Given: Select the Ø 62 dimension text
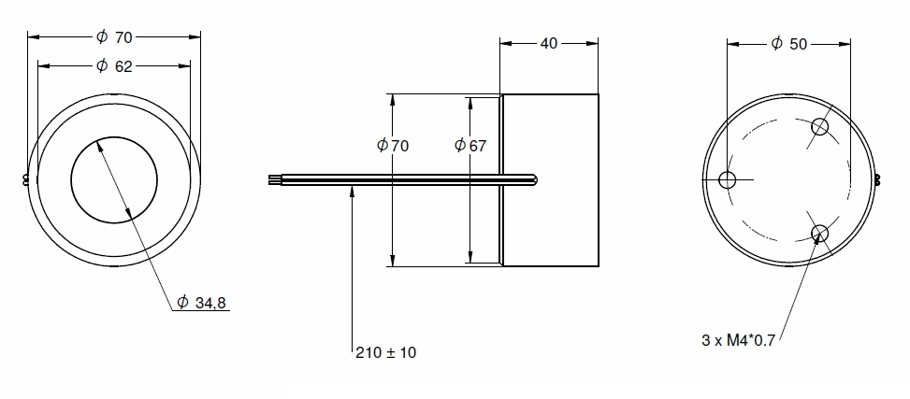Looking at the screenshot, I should pos(114,65).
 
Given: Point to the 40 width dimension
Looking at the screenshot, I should pos(549,43).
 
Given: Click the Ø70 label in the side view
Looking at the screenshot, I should pos(393,146).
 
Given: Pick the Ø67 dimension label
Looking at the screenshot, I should pos(470,146).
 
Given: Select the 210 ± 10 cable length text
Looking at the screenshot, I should pos(385,353).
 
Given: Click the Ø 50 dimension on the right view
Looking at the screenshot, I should pos(788,44).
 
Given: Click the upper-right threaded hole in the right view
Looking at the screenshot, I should pos(820,126).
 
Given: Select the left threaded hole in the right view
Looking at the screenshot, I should pos(728,179).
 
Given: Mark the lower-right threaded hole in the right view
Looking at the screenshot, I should pos(820,233).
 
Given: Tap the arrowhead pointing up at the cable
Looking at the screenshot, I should pos(353,190).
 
